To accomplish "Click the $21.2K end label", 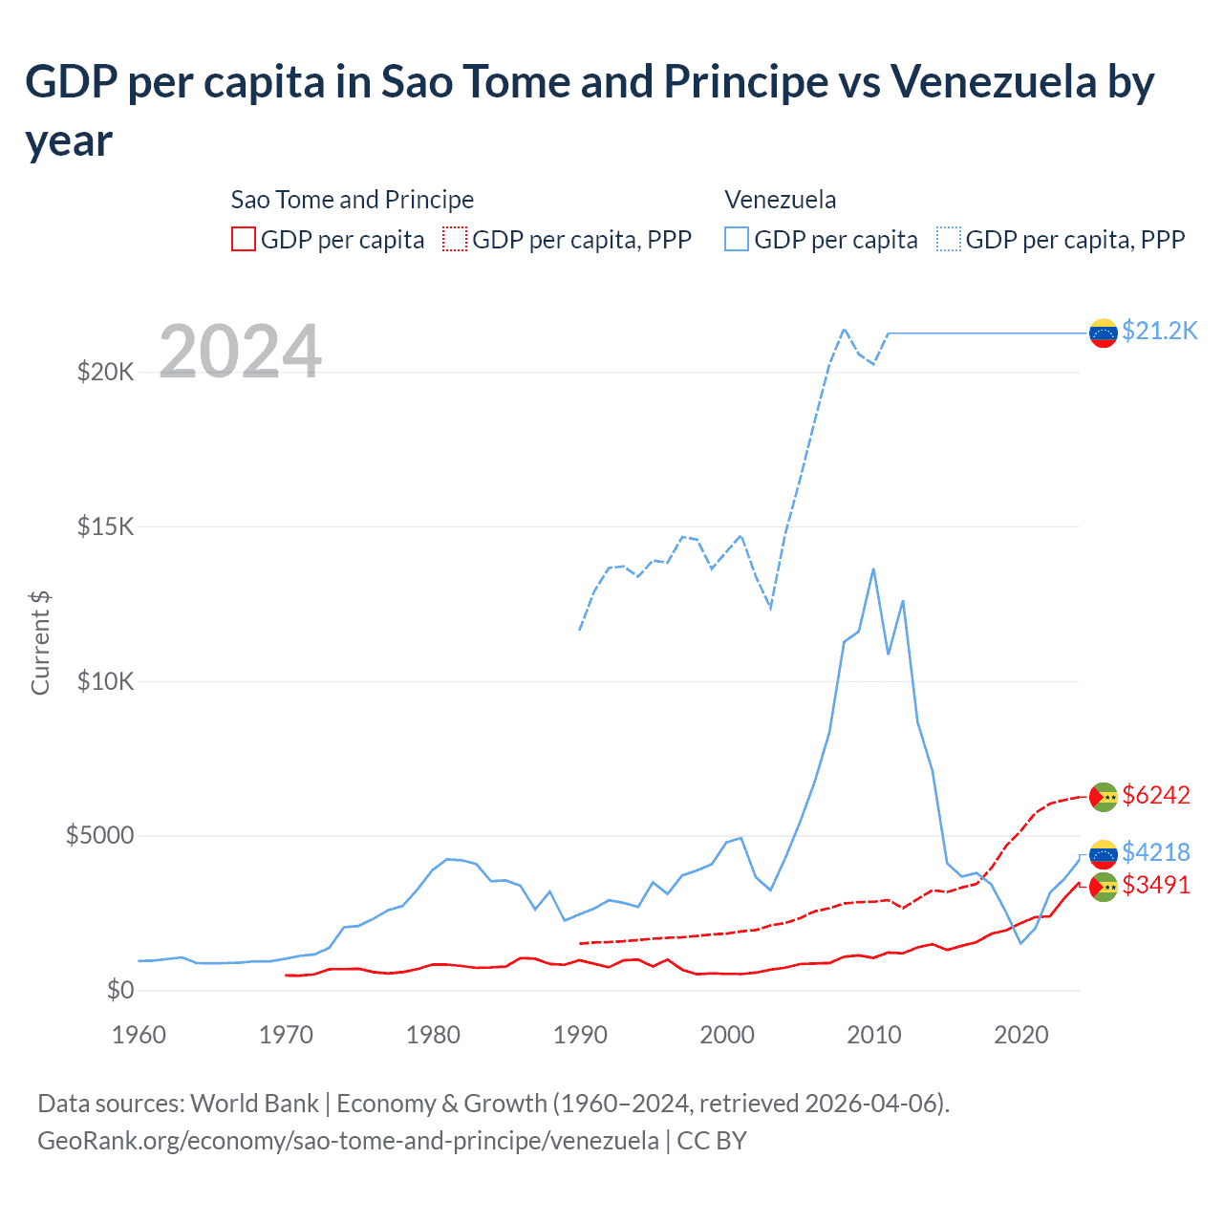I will pos(1159,331).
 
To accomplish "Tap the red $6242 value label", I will pos(1156,795).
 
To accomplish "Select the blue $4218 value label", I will pos(1156,851).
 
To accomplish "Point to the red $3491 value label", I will pos(1156,885).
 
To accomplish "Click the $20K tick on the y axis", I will pos(105,372).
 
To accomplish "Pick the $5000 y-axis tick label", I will pos(99,836).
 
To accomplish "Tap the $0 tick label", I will pos(119,990).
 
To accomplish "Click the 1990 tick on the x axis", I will pos(580,1035).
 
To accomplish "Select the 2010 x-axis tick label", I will pos(874,1035).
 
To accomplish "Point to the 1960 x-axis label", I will pos(139,1035).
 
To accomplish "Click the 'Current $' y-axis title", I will pos(40,643).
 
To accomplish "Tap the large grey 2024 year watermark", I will pos(240,352).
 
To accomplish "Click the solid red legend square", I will pos(244,239).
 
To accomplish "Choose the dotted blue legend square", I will pos(949,239).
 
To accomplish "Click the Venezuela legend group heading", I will pos(780,200).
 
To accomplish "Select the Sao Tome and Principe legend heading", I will pos(353,200).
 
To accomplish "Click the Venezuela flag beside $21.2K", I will pos(1104,333).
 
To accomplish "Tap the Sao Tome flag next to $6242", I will pos(1104,796).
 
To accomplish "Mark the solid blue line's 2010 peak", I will pos(873,569).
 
